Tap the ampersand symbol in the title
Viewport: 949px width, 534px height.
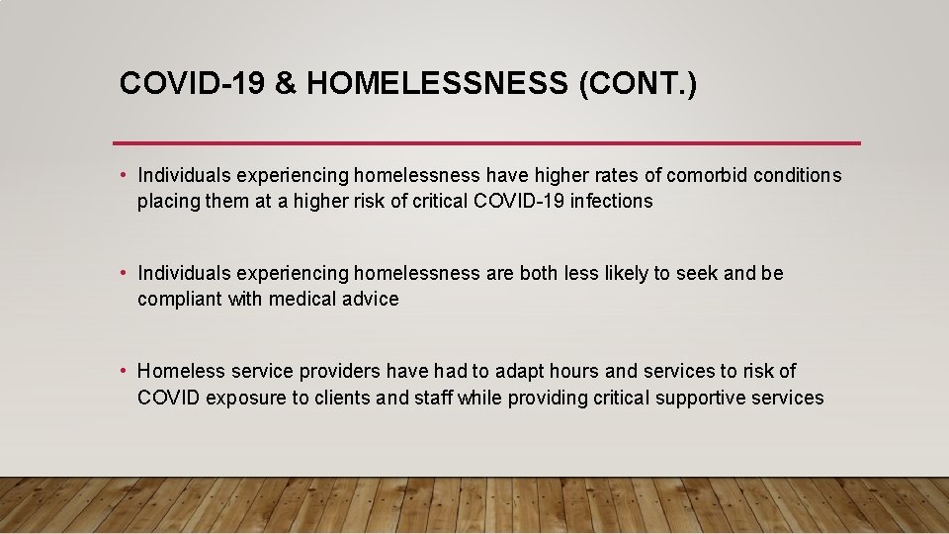pos(285,83)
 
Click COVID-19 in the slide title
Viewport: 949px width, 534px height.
pos(192,83)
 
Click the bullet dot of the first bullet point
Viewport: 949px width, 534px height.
pos(123,176)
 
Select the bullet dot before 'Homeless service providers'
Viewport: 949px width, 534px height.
pos(123,372)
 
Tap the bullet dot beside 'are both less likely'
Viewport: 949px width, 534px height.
pos(123,273)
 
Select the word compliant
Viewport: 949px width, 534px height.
pos(180,300)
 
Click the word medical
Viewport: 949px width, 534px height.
pos(298,300)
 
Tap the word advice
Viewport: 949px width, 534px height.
pos(369,300)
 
